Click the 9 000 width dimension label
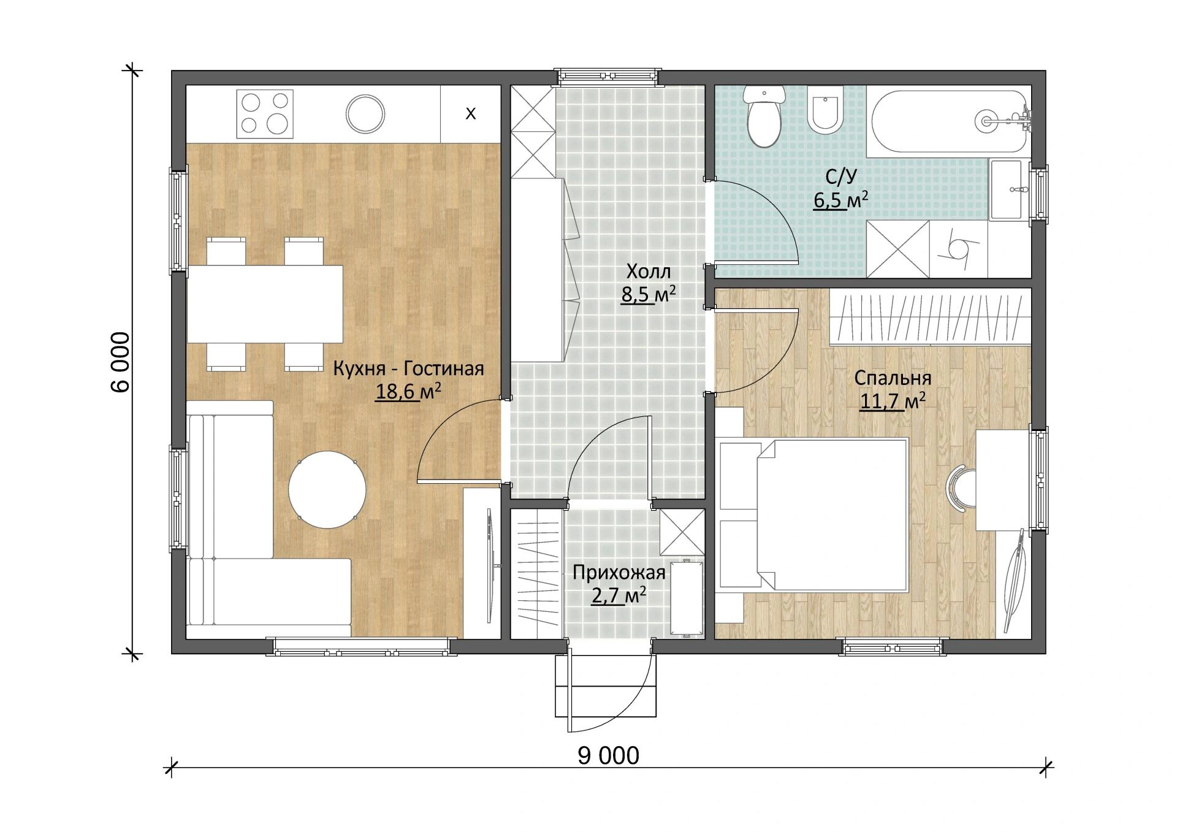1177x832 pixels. click(608, 756)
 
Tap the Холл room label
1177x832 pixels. click(649, 271)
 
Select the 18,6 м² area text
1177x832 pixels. click(408, 391)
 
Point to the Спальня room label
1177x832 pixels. click(893, 378)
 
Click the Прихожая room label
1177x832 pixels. click(619, 573)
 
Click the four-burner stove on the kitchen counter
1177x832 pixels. click(265, 113)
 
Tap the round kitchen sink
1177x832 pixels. click(365, 114)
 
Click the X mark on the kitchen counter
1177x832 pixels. click(471, 114)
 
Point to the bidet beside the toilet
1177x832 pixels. click(825, 110)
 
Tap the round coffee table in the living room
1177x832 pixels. click(327, 490)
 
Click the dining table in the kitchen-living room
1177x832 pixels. click(265, 304)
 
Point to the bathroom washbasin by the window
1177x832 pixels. click(1005, 189)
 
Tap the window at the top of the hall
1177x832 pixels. click(609, 76)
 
